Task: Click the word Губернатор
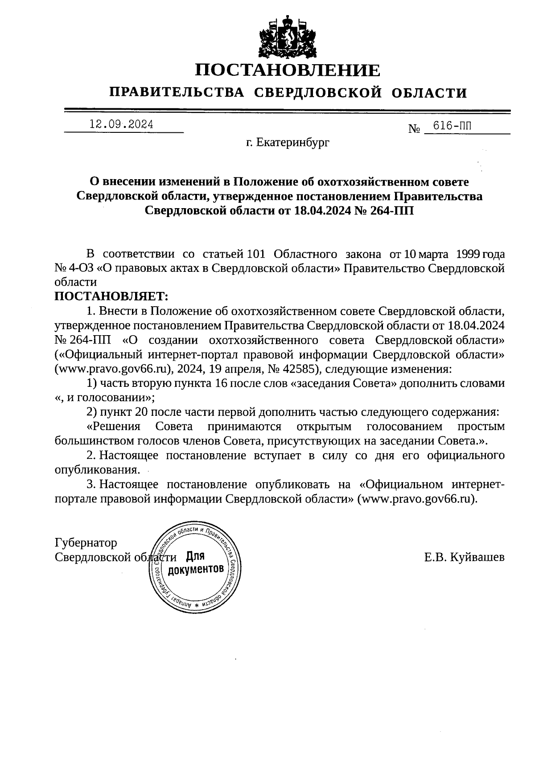coord(86,543)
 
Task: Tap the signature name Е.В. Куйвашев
coord(464,557)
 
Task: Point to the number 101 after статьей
coord(256,254)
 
